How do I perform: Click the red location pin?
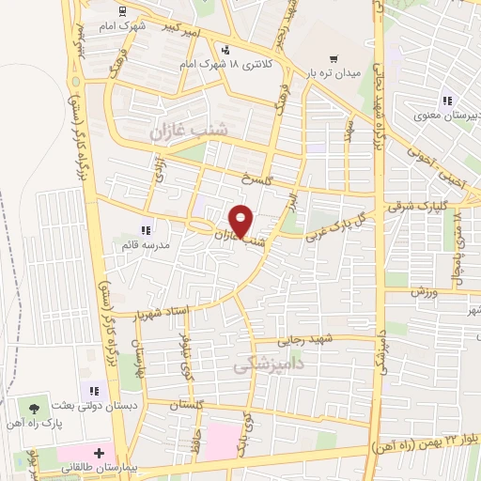[241, 220]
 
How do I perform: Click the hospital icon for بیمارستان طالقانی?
[97, 453]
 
